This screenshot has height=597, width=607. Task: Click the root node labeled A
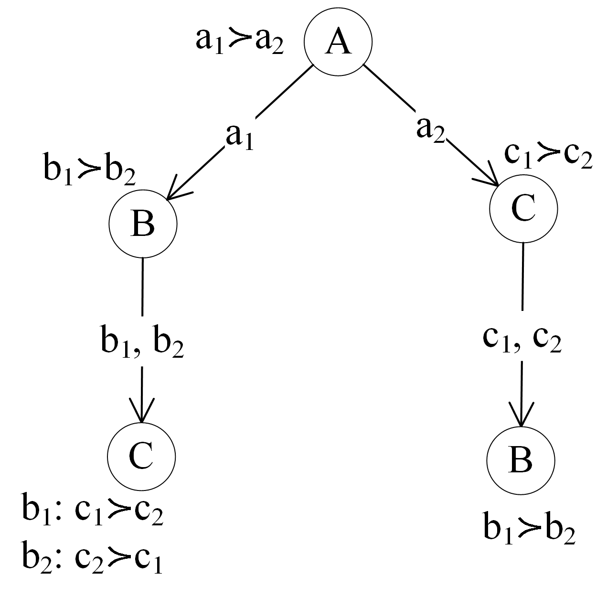click(x=338, y=42)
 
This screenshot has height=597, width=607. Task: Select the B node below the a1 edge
click(x=143, y=224)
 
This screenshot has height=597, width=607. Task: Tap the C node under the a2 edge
click(x=523, y=209)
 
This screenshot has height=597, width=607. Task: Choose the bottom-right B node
click(x=521, y=460)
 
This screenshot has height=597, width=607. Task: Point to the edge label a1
click(x=239, y=137)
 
